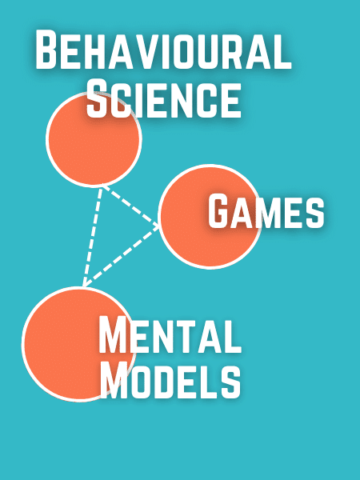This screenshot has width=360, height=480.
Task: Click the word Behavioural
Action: (x=163, y=50)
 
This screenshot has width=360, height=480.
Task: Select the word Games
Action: (x=266, y=212)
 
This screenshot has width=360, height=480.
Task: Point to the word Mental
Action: (x=170, y=335)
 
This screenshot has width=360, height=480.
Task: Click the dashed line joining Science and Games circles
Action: (x=130, y=206)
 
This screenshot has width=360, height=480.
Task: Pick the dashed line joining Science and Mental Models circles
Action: (x=92, y=236)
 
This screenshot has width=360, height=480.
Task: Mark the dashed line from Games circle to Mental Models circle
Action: (x=122, y=257)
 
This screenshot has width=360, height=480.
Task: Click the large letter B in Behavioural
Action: (x=46, y=50)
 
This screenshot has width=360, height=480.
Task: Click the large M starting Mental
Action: (x=113, y=335)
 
